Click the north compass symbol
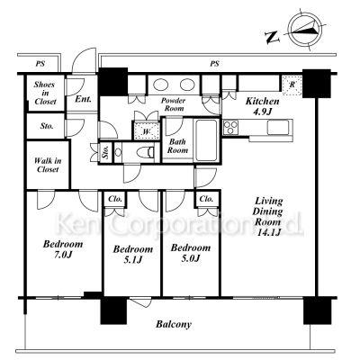(305, 30)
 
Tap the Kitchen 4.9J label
(262, 106)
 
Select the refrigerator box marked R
(292, 85)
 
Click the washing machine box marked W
(146, 130)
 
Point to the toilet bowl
(143, 153)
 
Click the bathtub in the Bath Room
(207, 140)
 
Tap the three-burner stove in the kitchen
(230, 127)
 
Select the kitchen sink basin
(279, 127)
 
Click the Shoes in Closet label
(45, 93)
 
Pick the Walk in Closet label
(48, 165)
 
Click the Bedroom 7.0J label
(63, 249)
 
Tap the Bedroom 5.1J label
(133, 254)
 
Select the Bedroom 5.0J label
(191, 253)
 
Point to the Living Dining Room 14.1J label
(268, 217)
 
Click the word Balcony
(174, 324)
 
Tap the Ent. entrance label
(83, 99)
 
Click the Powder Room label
(173, 104)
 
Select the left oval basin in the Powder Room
(160, 84)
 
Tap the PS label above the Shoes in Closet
(40, 64)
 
